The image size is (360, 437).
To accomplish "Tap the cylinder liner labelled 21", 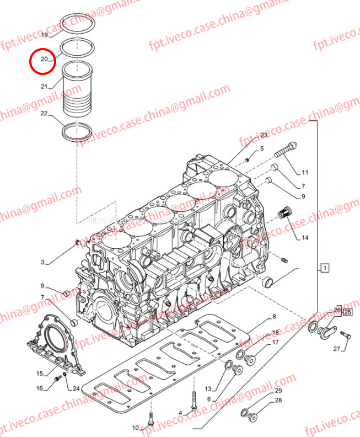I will (77, 88).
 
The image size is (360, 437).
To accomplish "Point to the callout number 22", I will (44, 114).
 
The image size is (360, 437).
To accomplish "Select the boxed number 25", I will (347, 312).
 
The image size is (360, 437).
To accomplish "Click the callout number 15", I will (40, 374).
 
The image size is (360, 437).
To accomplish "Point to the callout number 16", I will (40, 388).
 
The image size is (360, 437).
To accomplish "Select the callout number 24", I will (77, 388).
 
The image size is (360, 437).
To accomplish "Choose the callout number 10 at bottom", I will (136, 428).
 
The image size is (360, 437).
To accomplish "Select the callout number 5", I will (262, 149).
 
